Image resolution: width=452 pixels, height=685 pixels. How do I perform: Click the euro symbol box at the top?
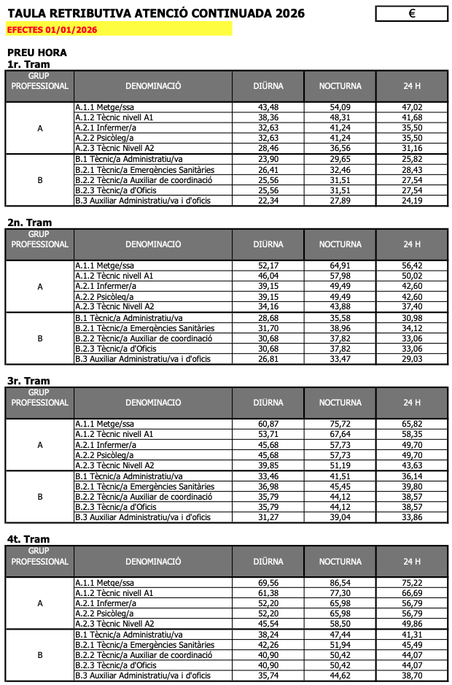[x=412, y=14]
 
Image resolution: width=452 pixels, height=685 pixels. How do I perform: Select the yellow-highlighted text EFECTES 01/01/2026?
[x=52, y=30]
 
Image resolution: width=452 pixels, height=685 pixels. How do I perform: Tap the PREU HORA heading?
[x=37, y=53]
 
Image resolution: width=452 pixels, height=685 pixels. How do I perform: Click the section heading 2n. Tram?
[x=30, y=222]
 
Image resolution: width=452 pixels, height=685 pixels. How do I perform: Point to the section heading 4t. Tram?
[x=29, y=539]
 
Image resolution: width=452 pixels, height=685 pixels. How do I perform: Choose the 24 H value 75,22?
[x=413, y=583]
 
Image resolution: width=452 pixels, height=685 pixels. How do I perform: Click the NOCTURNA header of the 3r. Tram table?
[x=340, y=403]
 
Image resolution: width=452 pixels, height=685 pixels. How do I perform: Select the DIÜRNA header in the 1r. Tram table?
[x=268, y=86]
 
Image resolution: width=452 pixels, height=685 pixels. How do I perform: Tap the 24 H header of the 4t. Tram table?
[x=413, y=561]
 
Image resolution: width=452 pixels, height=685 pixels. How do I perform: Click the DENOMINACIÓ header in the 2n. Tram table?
[x=153, y=244]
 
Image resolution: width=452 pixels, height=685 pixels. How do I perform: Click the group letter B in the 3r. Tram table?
[x=40, y=497]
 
